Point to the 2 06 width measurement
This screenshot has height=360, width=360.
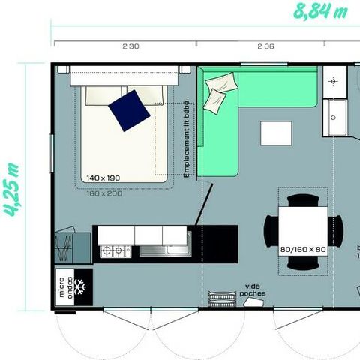pyautogui.click(x=265, y=46)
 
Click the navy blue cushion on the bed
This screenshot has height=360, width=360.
pyautogui.click(x=129, y=110)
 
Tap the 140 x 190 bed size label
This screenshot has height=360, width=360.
pyautogui.click(x=103, y=178)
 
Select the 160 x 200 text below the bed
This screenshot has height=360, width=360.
pyautogui.click(x=103, y=193)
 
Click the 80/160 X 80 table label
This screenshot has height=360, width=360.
pyautogui.click(x=302, y=248)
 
